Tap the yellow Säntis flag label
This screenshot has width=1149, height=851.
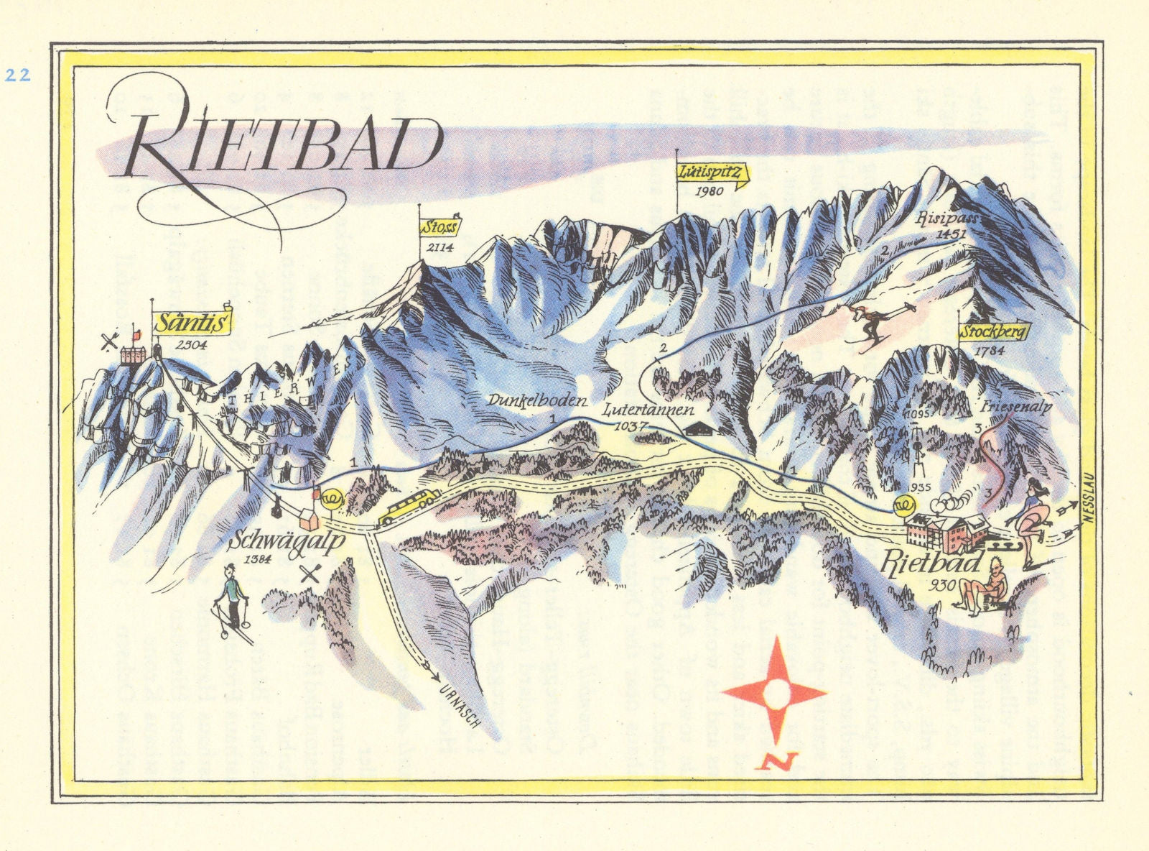(192, 322)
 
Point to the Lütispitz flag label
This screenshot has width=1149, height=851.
(711, 173)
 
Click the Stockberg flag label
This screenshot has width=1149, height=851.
(994, 332)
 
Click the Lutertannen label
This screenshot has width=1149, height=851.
(648, 411)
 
